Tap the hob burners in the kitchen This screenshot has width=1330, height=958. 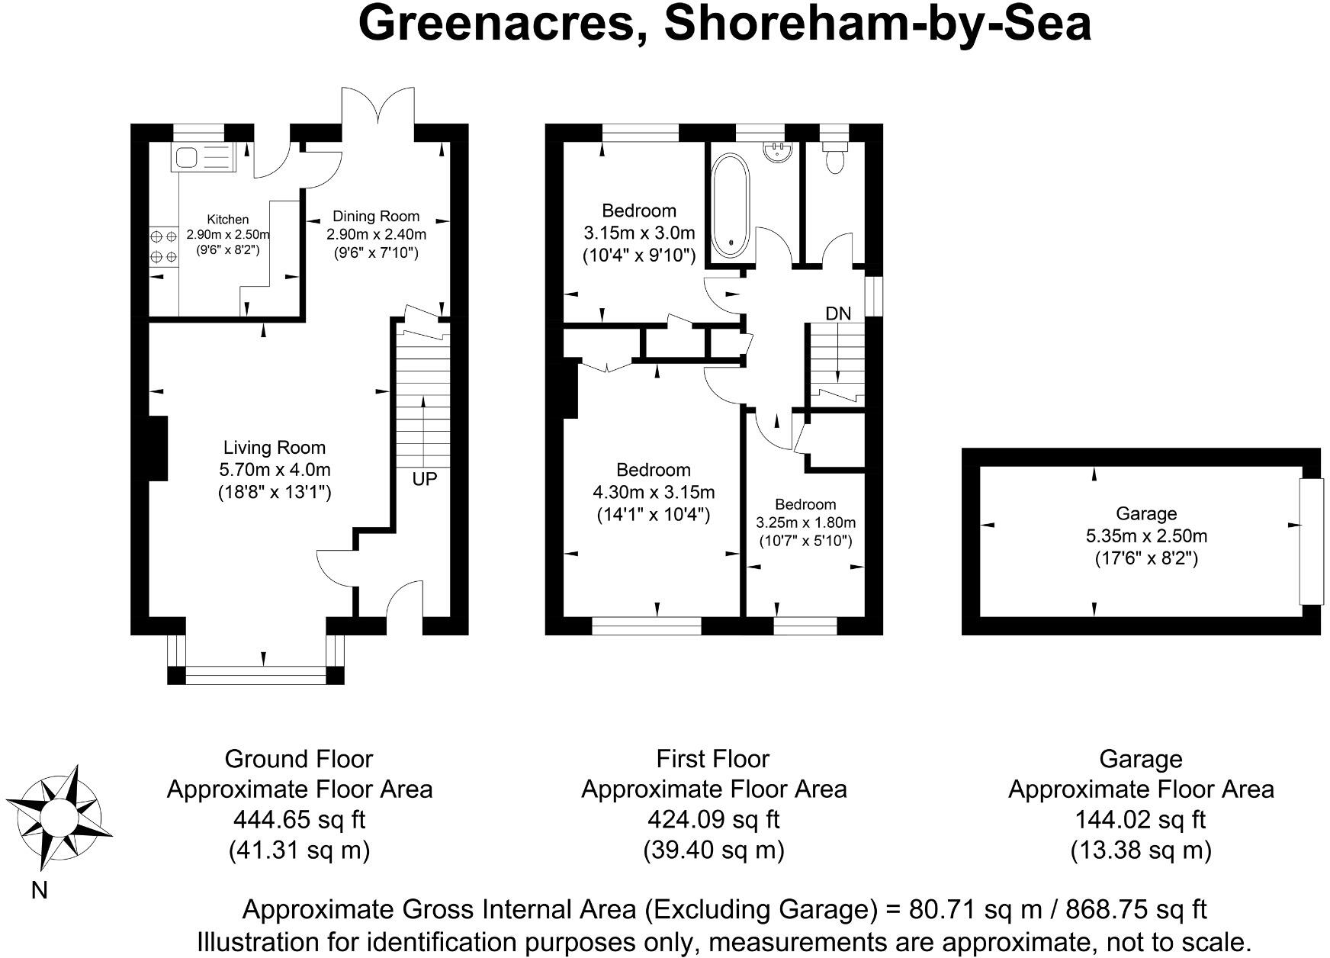tap(162, 247)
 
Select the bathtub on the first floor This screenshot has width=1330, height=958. tap(730, 205)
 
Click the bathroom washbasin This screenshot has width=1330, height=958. tap(778, 149)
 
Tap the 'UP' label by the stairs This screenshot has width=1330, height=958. tap(425, 480)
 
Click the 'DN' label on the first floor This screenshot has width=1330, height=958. tap(838, 313)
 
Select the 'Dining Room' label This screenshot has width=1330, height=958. tap(376, 216)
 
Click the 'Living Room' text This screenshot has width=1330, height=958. tap(274, 448)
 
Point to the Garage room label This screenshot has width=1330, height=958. tap(1145, 514)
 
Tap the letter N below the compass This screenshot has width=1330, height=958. tap(39, 890)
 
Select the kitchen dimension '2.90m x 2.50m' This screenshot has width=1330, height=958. tap(228, 235)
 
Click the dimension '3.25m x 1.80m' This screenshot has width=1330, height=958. tap(805, 522)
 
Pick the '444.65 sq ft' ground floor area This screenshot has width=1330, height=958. tap(299, 819)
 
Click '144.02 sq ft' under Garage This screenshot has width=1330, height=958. tap(1140, 819)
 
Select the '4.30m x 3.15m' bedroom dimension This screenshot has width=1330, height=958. tap(654, 492)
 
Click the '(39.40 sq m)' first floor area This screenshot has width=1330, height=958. tap(713, 849)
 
